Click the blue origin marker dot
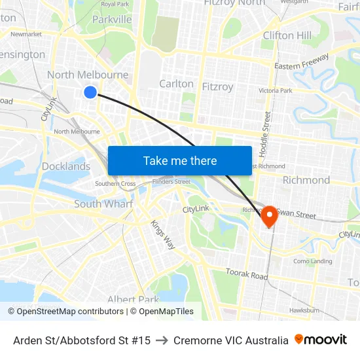[x=90, y=92]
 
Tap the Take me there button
[x=180, y=161]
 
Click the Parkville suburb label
[x=112, y=19]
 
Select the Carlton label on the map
[x=176, y=84]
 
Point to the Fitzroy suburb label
[x=217, y=86]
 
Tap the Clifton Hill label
[x=287, y=35]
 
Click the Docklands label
[x=66, y=166]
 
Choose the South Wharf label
[x=103, y=204]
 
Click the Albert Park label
[x=134, y=299]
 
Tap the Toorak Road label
[x=247, y=274]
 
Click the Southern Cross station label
[x=115, y=184]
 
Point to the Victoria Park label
[x=276, y=90]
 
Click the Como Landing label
[x=313, y=261]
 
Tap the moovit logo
[x=321, y=340]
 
